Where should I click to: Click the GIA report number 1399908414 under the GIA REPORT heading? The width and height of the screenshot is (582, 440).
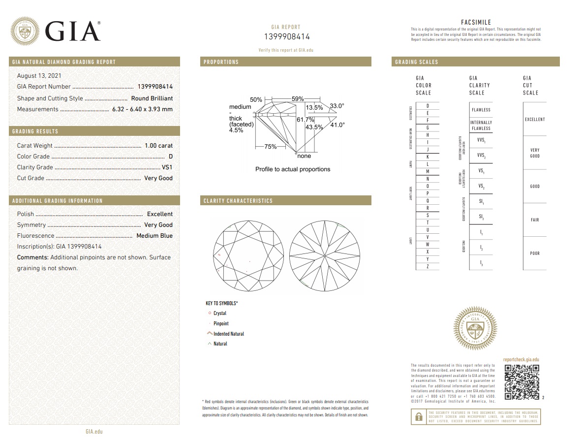click(x=287, y=37)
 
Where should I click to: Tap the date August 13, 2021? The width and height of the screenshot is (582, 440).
click(x=39, y=76)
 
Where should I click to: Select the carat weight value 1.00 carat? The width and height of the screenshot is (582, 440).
click(x=158, y=146)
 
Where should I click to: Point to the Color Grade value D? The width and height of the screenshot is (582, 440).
click(x=170, y=157)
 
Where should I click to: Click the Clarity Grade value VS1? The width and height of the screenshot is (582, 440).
click(x=167, y=167)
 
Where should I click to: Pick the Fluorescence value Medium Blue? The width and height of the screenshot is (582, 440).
click(x=154, y=236)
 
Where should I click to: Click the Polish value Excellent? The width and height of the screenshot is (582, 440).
click(x=160, y=214)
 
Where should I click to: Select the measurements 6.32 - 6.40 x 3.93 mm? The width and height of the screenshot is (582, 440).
click(x=142, y=109)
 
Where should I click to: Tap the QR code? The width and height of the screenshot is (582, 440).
click(x=522, y=382)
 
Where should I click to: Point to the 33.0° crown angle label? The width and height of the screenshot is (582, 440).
click(x=337, y=106)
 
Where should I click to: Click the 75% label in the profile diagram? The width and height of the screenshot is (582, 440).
click(x=270, y=147)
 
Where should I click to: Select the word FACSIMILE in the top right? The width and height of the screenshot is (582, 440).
click(x=476, y=23)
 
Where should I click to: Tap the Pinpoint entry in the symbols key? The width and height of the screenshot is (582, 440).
click(x=221, y=323)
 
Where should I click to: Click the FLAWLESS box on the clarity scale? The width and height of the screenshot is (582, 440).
click(x=481, y=110)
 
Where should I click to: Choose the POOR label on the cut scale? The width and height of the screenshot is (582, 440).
click(x=535, y=253)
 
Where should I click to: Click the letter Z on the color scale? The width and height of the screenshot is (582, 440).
click(x=427, y=266)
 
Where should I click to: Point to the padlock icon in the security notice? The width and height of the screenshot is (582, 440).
click(x=419, y=417)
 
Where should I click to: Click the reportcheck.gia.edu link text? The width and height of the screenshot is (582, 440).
click(x=521, y=360)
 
